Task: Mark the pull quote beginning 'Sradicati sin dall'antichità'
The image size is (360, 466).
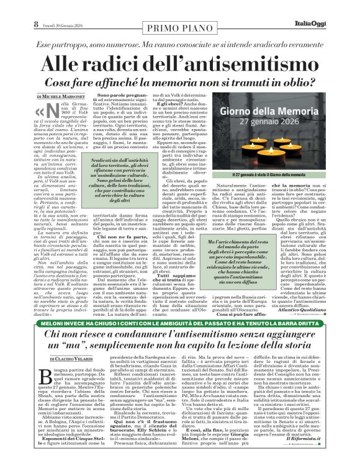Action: (120, 180)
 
